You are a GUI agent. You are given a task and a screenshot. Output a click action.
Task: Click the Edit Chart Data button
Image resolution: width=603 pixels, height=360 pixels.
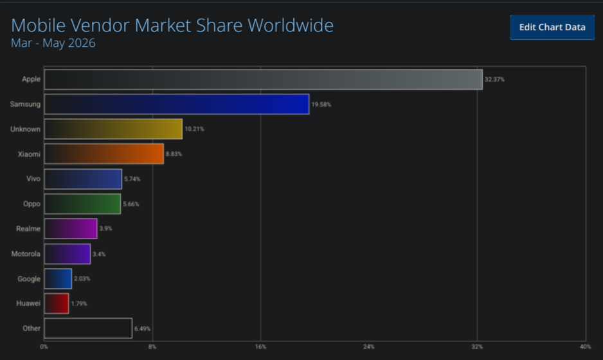pyautogui.click(x=552, y=27)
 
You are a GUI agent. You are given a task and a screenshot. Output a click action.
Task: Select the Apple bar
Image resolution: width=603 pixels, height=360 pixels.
pyautogui.click(x=264, y=80)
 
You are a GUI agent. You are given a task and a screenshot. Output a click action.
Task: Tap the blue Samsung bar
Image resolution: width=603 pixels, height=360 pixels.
pyautogui.click(x=177, y=104)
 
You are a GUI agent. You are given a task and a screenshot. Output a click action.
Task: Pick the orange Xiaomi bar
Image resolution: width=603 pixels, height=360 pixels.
pyautogui.click(x=104, y=154)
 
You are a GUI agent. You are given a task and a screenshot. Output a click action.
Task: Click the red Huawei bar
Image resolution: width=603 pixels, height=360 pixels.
pyautogui.click(x=57, y=303)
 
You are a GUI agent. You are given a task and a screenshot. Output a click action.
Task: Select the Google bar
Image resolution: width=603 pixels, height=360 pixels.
pyautogui.click(x=58, y=278)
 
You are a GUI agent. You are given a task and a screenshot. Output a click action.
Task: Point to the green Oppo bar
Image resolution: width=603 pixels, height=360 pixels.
pyautogui.click(x=82, y=204)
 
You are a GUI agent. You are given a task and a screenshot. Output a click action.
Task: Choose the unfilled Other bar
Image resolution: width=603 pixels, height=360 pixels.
pyautogui.click(x=88, y=328)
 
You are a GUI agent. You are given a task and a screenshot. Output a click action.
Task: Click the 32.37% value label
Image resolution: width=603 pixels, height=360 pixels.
pyautogui.click(x=494, y=80)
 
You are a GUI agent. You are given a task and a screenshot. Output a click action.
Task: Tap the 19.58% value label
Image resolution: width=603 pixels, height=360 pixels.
pyautogui.click(x=321, y=104)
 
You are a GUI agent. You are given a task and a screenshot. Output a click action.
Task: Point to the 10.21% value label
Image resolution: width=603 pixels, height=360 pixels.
pyautogui.click(x=194, y=129)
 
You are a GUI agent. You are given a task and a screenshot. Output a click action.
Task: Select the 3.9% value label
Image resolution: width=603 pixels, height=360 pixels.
pyautogui.click(x=106, y=228)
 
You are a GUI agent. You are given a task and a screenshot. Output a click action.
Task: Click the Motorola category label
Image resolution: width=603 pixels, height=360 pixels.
pyautogui.click(x=26, y=254)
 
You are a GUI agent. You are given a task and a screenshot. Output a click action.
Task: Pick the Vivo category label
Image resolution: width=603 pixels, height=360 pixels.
pyautogui.click(x=33, y=179)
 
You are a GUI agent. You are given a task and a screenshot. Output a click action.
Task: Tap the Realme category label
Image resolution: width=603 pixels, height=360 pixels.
pyautogui.click(x=28, y=229)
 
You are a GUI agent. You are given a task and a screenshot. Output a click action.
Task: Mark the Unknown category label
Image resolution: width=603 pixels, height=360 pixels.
pyautogui.click(x=25, y=129)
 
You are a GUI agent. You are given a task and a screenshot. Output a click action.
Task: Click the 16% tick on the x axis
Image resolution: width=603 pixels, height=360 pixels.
pyautogui.click(x=260, y=347)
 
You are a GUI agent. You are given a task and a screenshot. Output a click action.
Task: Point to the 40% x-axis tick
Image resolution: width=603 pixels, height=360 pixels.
pyautogui.click(x=585, y=347)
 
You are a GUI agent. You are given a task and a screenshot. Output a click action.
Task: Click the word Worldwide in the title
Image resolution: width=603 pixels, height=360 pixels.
pyautogui.click(x=291, y=25)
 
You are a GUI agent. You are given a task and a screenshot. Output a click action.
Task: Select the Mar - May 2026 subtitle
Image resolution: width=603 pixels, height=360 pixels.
pyautogui.click(x=53, y=43)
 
